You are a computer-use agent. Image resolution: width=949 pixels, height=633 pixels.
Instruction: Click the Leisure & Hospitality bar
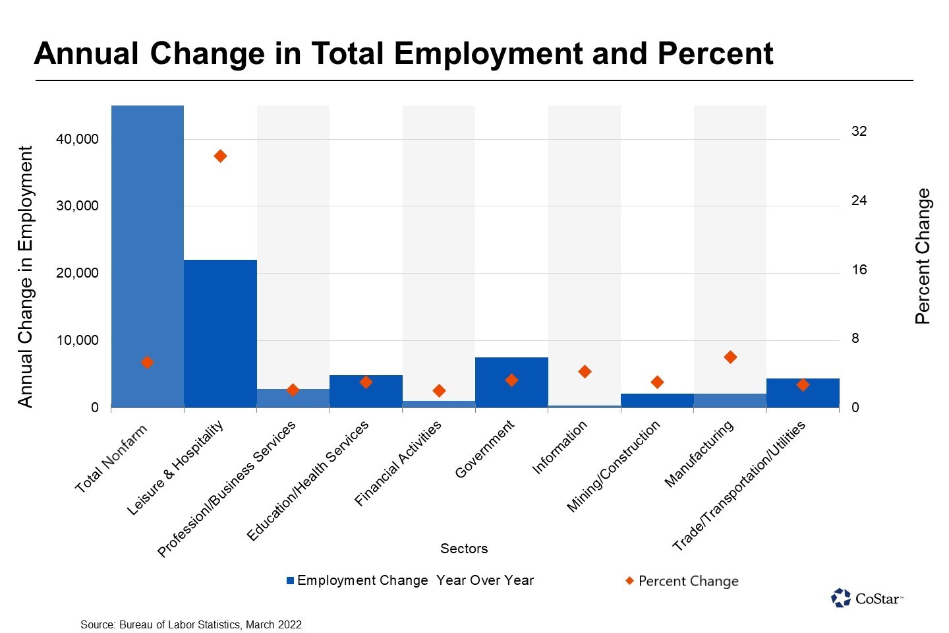(x=220, y=333)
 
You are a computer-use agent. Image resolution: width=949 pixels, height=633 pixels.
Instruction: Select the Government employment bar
(x=511, y=382)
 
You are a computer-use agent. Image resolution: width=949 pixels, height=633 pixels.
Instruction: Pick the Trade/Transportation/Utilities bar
(x=803, y=393)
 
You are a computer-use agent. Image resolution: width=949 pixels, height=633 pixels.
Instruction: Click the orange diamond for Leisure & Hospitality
(x=220, y=156)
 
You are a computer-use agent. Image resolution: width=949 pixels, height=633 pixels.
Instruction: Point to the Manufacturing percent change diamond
(x=730, y=357)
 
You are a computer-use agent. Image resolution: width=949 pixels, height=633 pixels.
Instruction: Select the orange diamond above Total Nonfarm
(x=148, y=362)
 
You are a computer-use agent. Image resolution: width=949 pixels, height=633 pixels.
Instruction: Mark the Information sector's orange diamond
(x=585, y=372)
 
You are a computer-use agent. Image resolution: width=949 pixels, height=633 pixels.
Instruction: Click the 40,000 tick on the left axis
(x=77, y=139)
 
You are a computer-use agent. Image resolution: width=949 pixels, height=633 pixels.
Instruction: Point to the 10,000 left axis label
(x=77, y=340)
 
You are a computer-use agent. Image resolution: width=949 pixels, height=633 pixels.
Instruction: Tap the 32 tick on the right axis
(x=859, y=131)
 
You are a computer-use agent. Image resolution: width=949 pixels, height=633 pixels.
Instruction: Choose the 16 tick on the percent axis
(x=859, y=270)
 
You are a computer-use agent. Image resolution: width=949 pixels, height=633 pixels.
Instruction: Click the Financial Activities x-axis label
(x=399, y=464)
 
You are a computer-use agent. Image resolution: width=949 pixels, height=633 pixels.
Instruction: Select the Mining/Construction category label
(x=614, y=467)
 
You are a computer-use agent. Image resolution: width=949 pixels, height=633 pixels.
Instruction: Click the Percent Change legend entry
(x=682, y=581)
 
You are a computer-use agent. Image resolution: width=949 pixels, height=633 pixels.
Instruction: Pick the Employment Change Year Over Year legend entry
(x=410, y=580)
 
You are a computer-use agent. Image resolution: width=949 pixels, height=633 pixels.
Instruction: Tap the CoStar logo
(x=867, y=598)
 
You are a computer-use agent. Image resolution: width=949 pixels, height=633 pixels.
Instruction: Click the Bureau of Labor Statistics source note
(x=191, y=624)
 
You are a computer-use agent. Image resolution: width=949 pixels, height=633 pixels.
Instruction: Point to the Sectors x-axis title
(x=464, y=549)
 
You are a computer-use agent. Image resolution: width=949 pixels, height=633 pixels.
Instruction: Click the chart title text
(x=403, y=53)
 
